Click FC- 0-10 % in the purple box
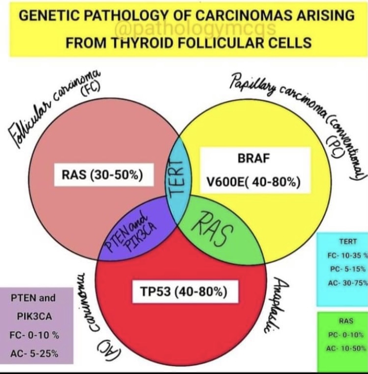35,335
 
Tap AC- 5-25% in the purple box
35,353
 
